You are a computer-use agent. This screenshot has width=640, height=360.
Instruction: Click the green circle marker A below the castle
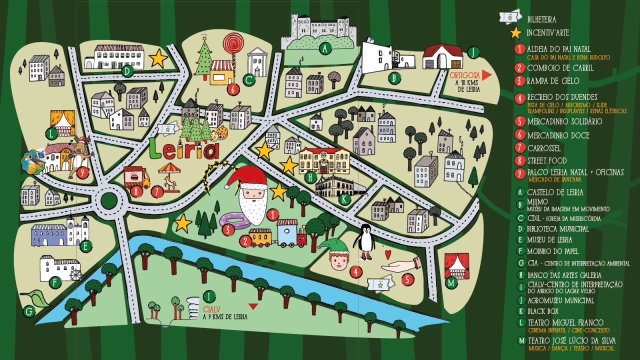(x=325, y=48)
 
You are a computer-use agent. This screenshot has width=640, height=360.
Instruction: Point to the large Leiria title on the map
(x=184, y=149)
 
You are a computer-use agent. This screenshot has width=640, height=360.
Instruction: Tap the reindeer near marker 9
(x=80, y=152)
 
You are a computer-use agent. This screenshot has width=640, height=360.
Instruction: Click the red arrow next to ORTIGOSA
(x=487, y=75)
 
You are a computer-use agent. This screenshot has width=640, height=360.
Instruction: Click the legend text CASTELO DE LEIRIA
(x=555, y=192)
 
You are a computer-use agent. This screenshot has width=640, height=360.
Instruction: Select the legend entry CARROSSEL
(x=544, y=148)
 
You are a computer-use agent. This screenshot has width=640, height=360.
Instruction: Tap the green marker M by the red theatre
(x=451, y=283)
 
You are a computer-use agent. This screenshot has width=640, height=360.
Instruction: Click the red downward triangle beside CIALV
(x=253, y=306)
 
